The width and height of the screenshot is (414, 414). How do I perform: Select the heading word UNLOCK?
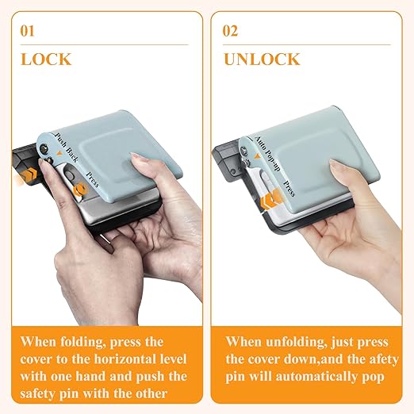pyautogui.click(x=261, y=59)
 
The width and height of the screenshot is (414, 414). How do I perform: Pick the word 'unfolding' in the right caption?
pyautogui.click(x=296, y=342)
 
